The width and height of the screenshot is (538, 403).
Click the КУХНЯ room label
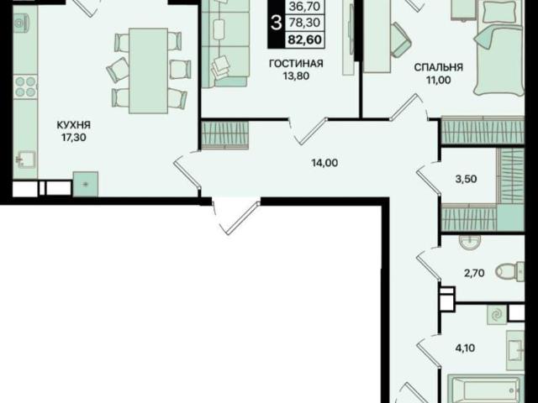(73, 125)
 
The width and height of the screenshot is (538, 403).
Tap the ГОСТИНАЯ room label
(296, 64)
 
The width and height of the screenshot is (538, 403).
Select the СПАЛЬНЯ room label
(439, 67)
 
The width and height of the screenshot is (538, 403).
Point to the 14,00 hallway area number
(324, 163)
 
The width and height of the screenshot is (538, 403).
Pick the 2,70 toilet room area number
(474, 273)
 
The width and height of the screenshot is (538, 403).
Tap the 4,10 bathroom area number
(465, 348)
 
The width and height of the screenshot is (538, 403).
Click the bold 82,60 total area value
(304, 39)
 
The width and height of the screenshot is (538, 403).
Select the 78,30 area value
(304, 23)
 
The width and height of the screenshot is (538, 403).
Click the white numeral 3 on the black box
(276, 24)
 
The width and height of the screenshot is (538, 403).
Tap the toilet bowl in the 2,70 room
(510, 271)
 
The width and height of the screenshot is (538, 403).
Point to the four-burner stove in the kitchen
(25, 86)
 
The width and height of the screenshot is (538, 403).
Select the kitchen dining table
(148, 71)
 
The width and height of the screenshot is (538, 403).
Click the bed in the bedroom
(499, 48)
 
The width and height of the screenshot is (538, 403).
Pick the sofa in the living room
(225, 44)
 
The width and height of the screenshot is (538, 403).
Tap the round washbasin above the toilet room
(469, 243)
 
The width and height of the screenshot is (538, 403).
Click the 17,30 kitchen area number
(73, 138)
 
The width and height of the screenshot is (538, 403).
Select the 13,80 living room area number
(296, 76)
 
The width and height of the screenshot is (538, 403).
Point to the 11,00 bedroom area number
(439, 81)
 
